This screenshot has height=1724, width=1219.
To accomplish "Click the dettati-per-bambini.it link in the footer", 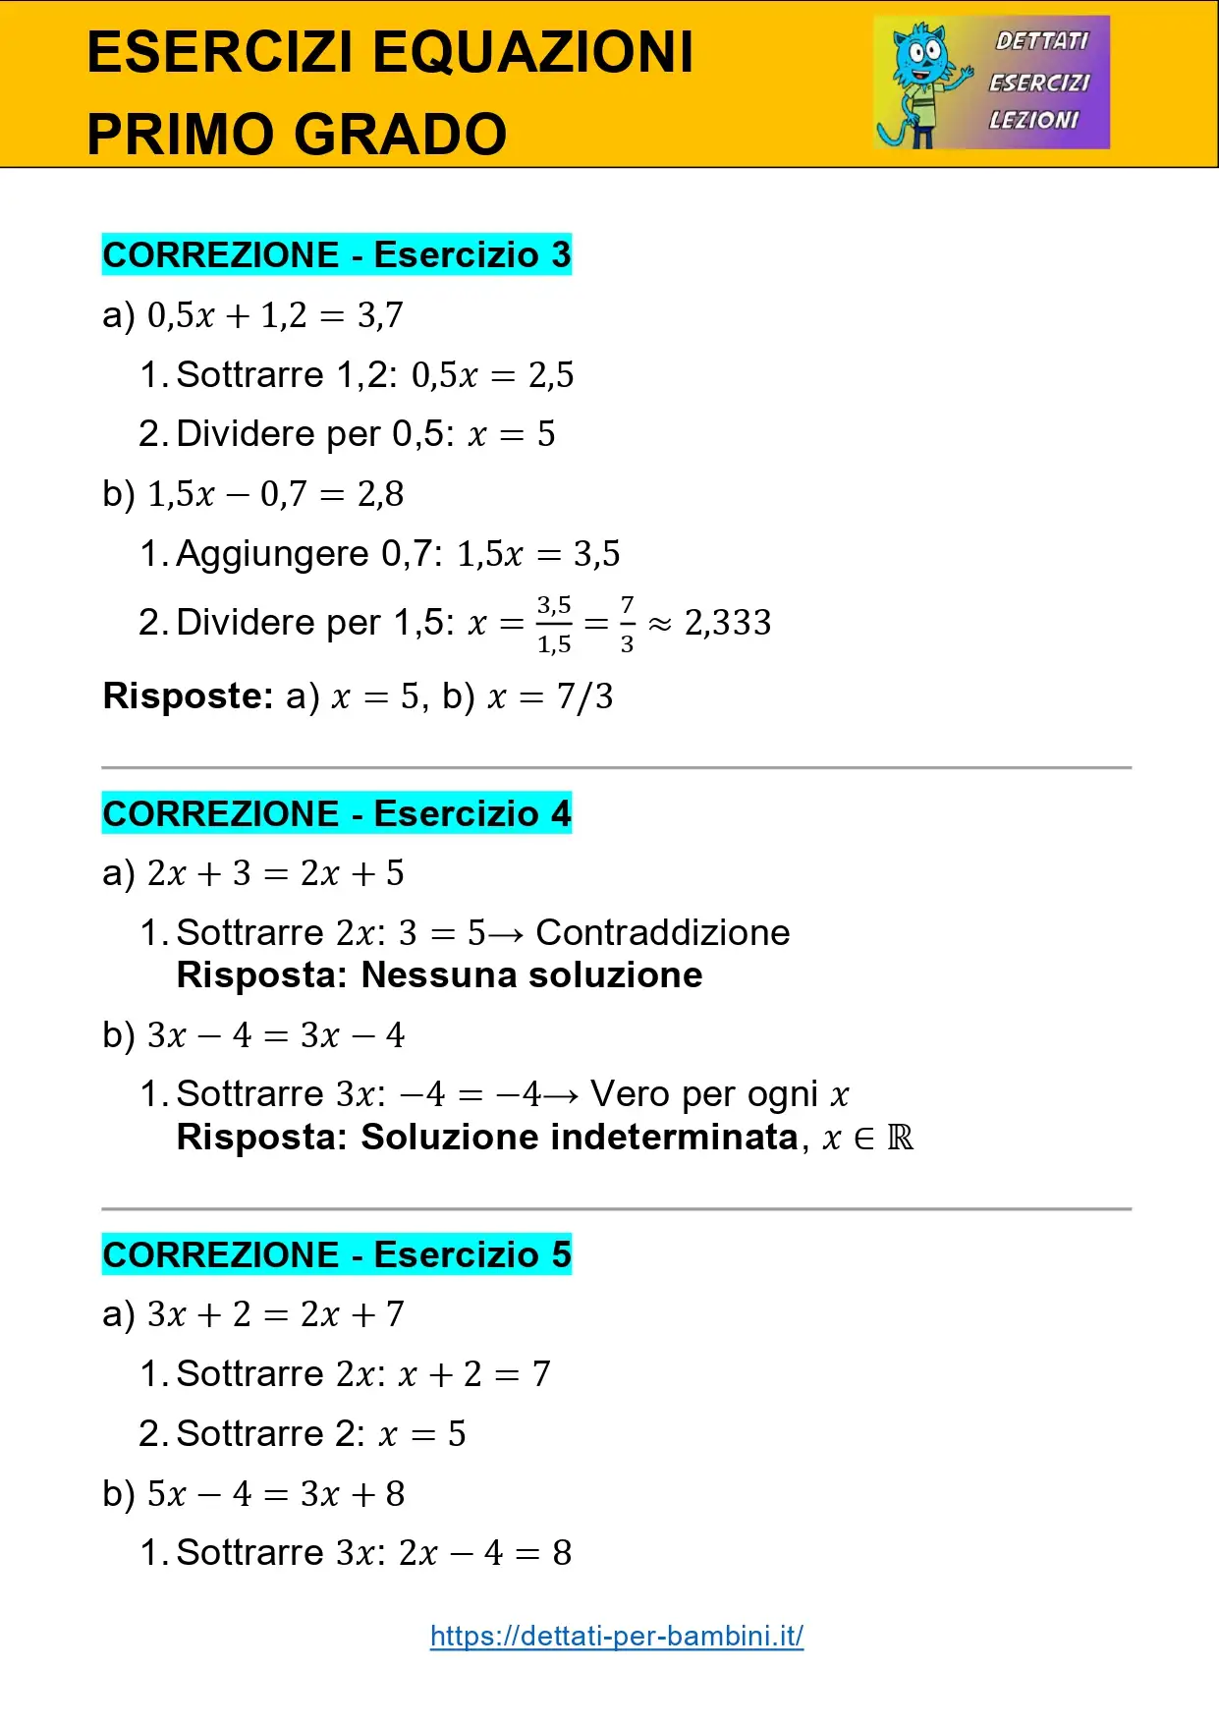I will coord(617,1636).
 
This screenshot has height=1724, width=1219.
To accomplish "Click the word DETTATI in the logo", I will coord(1042,41).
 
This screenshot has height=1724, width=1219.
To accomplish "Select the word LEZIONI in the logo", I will coord(1033,120).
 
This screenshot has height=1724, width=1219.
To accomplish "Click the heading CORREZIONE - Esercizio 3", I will coord(337,254).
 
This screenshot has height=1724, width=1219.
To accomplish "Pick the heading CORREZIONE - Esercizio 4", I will coord(337,813).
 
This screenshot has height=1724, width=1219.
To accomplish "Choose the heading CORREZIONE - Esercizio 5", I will coord(337,1254).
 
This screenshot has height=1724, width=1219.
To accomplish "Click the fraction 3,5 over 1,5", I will coord(554,624).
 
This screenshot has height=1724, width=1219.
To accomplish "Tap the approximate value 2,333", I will coord(728,623).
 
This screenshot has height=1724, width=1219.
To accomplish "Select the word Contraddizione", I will coord(663,932).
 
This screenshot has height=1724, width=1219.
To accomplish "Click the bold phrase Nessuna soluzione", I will coord(531,975).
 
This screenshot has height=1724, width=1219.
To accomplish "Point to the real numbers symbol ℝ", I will coord(900,1138).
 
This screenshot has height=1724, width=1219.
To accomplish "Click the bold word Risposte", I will coord(188,695).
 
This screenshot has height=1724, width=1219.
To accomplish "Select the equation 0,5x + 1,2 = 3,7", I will coord(275,315).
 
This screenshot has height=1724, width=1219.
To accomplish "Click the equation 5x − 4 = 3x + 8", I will coord(276,1493).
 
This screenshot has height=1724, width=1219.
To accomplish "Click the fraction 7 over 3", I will coord(627,624).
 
